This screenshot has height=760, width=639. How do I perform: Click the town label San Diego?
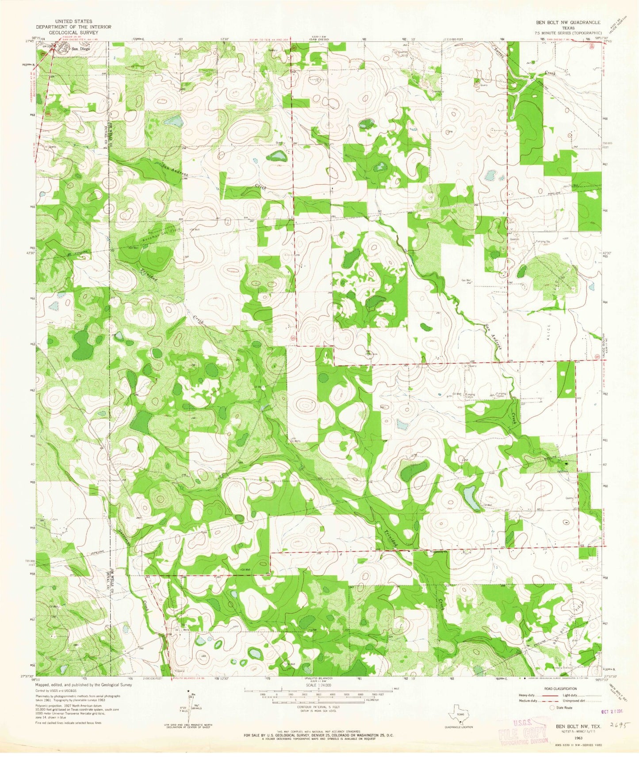point(81,49)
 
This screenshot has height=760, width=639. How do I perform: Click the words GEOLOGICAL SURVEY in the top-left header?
point(74,33)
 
